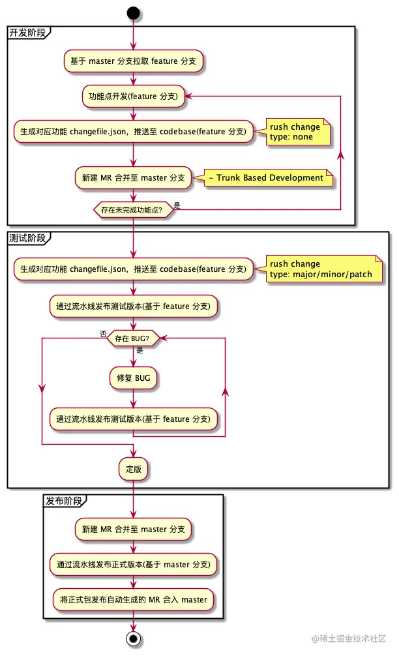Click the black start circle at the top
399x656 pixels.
click(133, 12)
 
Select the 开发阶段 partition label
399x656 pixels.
click(27, 33)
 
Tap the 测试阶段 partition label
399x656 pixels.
click(27, 238)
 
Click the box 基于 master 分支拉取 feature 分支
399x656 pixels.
click(134, 61)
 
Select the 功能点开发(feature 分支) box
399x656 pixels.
click(134, 97)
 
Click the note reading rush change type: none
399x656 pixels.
click(295, 132)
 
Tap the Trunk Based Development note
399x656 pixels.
click(269, 177)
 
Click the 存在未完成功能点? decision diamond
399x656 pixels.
click(134, 210)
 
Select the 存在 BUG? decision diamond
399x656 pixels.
click(134, 338)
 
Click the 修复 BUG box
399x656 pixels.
click(134, 378)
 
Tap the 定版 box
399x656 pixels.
click(134, 469)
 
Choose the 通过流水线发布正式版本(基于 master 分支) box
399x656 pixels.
click(134, 564)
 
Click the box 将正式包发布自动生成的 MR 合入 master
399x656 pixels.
click(134, 599)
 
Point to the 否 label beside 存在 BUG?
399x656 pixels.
click(104, 333)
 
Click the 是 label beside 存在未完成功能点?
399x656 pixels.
click(177, 205)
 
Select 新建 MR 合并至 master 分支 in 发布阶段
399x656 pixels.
click(134, 529)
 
